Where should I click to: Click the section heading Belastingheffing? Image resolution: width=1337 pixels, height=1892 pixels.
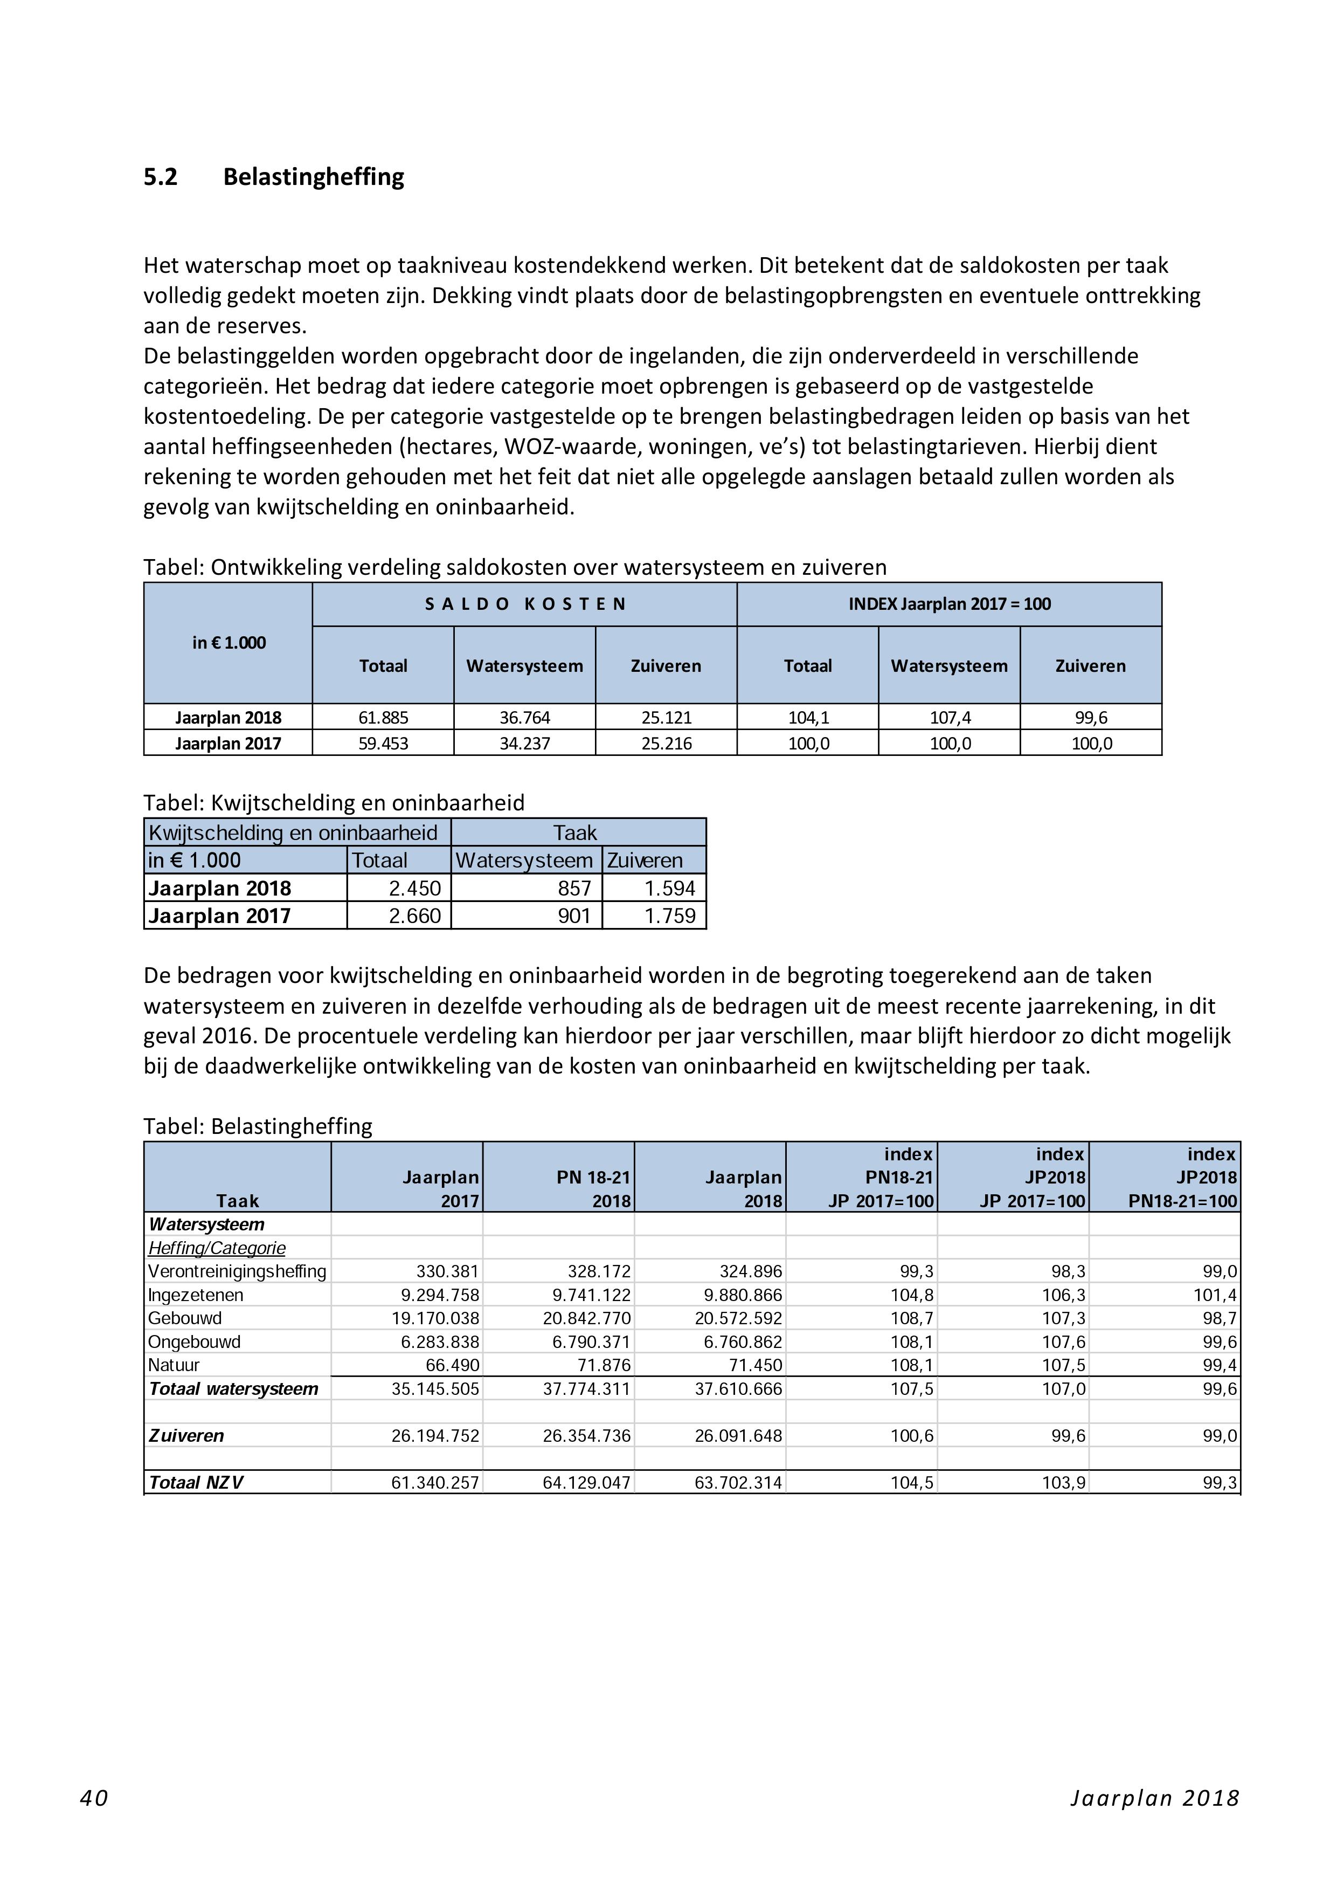tap(313, 177)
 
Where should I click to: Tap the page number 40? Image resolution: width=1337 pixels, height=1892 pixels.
tap(94, 1797)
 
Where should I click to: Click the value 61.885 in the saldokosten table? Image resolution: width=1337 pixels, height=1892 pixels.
tap(383, 718)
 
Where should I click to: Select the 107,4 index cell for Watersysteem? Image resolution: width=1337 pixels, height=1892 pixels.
tap(950, 718)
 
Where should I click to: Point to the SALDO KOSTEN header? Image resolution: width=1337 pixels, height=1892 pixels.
tap(525, 604)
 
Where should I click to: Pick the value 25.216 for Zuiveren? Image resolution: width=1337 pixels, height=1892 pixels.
tap(667, 744)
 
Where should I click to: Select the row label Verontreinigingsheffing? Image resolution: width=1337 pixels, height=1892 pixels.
tap(237, 1271)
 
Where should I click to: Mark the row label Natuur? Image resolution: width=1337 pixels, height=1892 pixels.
tap(174, 1365)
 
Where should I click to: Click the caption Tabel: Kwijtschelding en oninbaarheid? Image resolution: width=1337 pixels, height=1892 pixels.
tap(334, 803)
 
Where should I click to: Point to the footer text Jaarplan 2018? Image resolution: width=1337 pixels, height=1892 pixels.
tap(1155, 1797)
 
